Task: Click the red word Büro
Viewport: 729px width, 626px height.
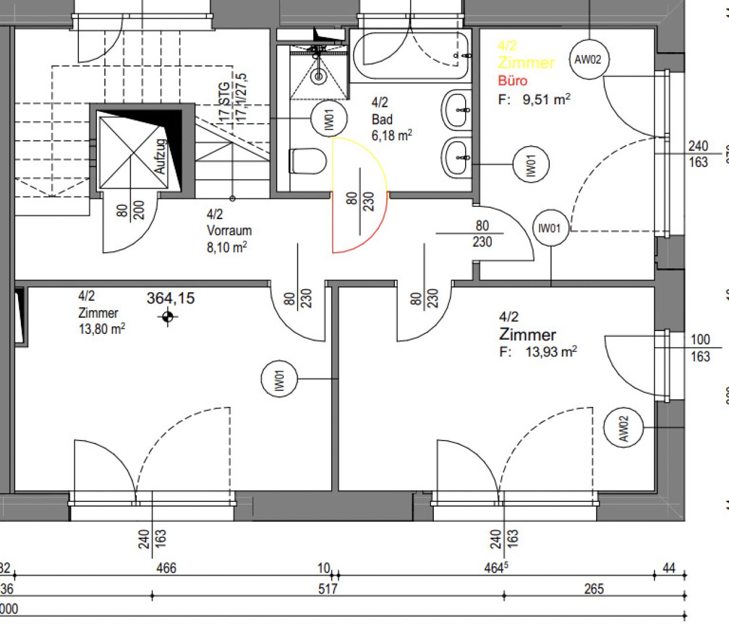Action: (x=512, y=81)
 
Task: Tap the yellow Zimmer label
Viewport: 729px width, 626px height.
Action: (x=526, y=63)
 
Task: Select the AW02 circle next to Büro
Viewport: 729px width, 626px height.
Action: (x=588, y=59)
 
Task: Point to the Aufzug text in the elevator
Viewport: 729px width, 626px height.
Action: (x=160, y=156)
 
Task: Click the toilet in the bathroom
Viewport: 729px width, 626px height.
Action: (x=308, y=161)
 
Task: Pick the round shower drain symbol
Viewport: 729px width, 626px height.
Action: (x=318, y=76)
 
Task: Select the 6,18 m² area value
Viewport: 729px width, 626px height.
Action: (x=392, y=136)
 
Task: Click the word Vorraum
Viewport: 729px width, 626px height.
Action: (x=229, y=231)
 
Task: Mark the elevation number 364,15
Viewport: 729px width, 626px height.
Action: (x=171, y=299)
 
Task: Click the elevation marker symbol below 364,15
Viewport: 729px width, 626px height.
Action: (x=168, y=316)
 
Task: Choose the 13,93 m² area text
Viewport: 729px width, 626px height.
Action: (x=550, y=351)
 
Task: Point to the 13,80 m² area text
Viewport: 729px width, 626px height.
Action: (x=102, y=329)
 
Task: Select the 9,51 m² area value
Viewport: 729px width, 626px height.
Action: (x=546, y=99)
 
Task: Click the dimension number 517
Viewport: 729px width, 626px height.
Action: (x=328, y=589)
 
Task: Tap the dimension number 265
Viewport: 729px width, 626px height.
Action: (x=594, y=589)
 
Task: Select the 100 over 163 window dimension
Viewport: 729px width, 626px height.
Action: (x=700, y=348)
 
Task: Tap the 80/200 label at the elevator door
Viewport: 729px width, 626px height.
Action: (x=130, y=210)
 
